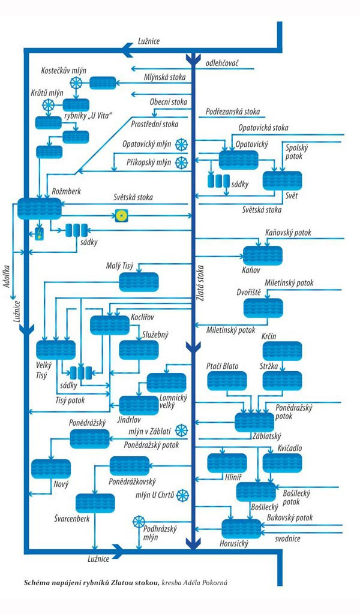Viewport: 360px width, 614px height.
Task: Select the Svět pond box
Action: coord(282,180)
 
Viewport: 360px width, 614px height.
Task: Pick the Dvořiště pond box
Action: coord(263,308)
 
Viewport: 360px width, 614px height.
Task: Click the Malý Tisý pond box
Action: coord(139,282)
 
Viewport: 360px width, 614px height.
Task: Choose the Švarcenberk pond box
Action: coord(95,503)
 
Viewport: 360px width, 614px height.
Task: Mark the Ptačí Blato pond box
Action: coord(227,381)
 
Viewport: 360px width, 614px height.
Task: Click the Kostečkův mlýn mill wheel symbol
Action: coord(76,83)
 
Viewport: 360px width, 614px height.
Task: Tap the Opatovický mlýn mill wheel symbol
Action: coord(181,145)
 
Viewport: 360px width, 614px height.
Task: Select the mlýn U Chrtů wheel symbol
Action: coord(182,495)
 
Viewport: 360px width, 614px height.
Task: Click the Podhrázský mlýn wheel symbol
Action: coord(139,520)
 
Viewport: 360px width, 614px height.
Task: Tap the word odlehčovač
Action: coord(223,62)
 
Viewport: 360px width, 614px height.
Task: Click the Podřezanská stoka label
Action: coord(232,112)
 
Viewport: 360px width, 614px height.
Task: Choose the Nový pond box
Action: coord(50,468)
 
